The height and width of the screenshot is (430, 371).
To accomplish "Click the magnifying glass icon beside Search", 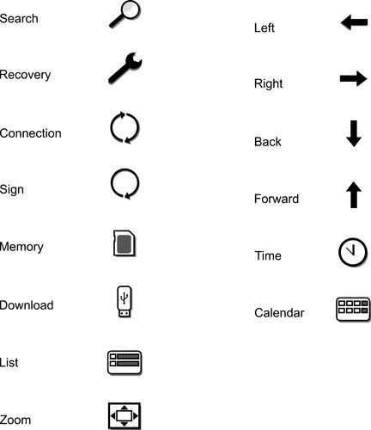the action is coord(125,15).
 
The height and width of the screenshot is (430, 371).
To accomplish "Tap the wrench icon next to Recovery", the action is coord(125,69).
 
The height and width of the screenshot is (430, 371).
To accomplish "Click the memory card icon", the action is coord(125,243).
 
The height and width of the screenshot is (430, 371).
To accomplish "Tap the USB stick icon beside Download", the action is coord(125,302).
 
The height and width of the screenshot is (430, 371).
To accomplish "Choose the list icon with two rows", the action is coord(125,363).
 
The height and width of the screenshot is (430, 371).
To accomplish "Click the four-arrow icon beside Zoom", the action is coord(125,415).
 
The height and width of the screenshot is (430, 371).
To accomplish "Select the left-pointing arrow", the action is coord(355,22).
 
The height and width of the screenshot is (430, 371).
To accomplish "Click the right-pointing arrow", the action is coord(353,78).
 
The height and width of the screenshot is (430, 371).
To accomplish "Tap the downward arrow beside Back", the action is coord(354,133).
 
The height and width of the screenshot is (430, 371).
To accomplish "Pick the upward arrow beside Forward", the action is coord(354,194).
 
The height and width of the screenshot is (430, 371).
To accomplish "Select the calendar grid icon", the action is coord(353,310).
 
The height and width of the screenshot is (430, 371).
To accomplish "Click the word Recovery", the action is coord(25,75).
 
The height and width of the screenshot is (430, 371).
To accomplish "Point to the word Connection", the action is coord(31,133).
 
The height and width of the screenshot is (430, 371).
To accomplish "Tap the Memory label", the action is coord(21,247).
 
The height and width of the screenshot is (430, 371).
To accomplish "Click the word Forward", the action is coord(277,199).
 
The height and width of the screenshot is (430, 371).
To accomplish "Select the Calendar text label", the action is coord(279,313).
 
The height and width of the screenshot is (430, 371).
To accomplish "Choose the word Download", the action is coord(27,305).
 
